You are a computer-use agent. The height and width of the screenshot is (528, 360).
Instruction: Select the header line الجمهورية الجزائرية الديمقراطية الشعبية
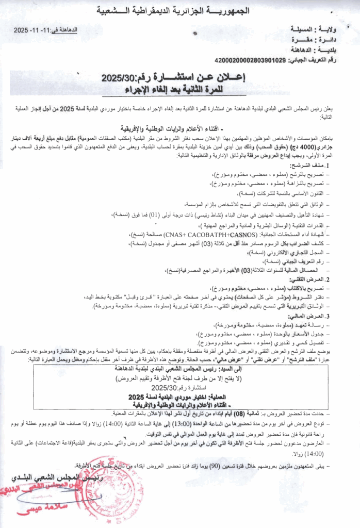point(180,11)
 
